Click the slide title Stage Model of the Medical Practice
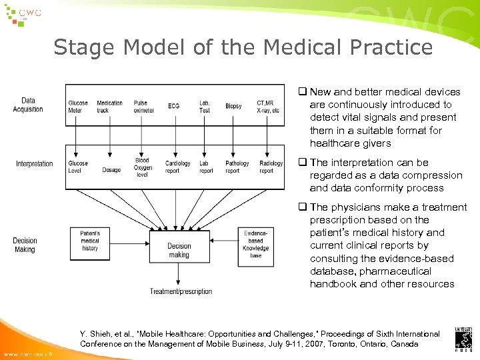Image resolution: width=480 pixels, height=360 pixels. click(x=243, y=47)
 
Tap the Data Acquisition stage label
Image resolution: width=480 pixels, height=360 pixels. click(x=28, y=105)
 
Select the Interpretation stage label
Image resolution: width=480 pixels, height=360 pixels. click(x=35, y=164)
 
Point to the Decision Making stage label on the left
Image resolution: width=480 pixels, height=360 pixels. click(x=25, y=245)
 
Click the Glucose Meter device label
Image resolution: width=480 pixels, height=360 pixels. click(x=78, y=107)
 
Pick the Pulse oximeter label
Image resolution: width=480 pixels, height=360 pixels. click(x=143, y=107)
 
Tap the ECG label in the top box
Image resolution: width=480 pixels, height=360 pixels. click(x=174, y=107)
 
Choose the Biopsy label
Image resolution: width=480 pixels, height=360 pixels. click(x=233, y=107)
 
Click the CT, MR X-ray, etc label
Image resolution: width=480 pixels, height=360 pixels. click(x=268, y=107)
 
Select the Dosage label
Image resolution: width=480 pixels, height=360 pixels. click(x=111, y=171)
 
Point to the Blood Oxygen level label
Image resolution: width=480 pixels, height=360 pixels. click(x=142, y=167)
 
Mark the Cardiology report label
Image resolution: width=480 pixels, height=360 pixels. click(x=177, y=167)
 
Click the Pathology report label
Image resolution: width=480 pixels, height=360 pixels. click(x=237, y=167)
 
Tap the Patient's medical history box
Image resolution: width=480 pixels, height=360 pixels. click(x=90, y=241)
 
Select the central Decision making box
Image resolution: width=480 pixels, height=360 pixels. click(x=179, y=250)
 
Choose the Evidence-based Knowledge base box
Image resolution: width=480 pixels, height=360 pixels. click(x=256, y=244)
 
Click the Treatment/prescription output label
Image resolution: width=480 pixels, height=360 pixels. click(x=181, y=291)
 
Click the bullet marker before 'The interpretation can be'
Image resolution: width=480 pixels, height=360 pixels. click(x=302, y=163)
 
